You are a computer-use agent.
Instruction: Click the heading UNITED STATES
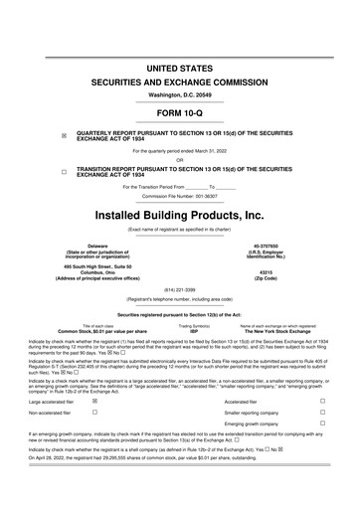[180, 68]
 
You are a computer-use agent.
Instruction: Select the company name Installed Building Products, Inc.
[180, 215]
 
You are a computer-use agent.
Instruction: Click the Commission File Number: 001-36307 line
[180, 196]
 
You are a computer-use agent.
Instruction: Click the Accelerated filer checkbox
[324, 399]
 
